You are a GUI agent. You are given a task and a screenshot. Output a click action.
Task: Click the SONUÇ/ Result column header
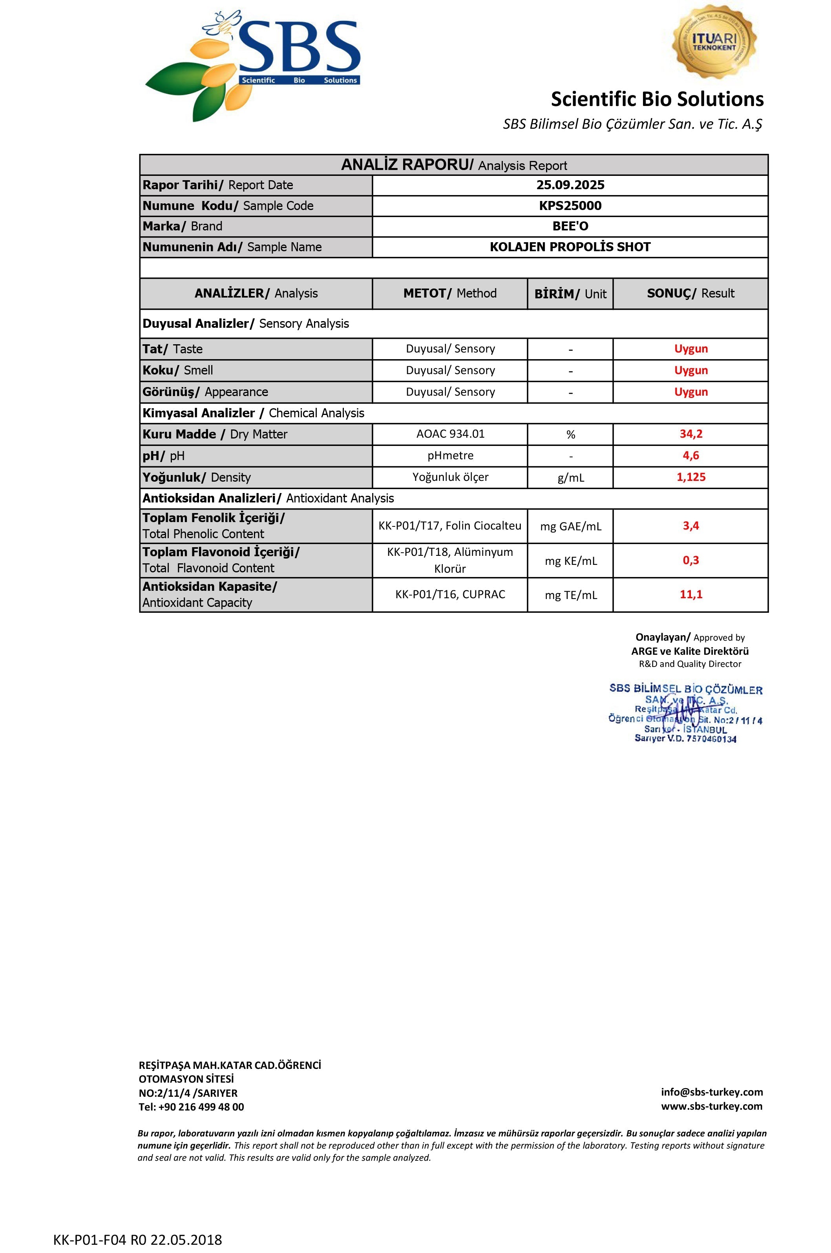coord(690,293)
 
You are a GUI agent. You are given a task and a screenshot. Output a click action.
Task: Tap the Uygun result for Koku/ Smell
coord(690,371)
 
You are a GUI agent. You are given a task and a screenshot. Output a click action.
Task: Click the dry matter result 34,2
coord(690,434)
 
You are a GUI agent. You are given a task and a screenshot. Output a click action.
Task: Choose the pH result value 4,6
coord(690,455)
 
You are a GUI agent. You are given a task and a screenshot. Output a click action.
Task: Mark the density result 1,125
coord(690,477)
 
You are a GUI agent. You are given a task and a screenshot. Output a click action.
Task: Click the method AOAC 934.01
coord(450,434)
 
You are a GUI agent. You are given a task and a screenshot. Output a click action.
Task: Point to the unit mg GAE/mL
coord(570,526)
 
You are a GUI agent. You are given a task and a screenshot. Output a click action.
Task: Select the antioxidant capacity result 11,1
coord(690,595)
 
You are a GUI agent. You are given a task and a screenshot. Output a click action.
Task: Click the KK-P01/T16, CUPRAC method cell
coord(450,595)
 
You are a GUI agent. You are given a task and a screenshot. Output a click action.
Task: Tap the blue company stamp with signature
coord(685,712)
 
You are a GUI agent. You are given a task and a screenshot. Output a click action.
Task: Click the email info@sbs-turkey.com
coord(711,1092)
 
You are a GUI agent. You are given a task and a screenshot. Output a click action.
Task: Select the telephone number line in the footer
coord(191,1107)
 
